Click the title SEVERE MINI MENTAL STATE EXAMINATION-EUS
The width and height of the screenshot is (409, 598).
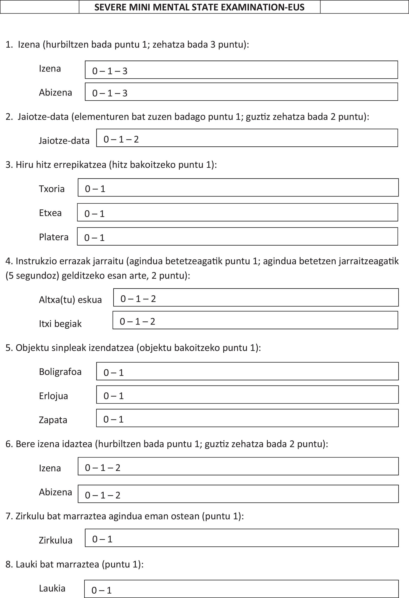(199, 7)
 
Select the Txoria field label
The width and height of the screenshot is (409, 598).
(52, 189)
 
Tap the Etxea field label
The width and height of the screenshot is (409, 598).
(50, 213)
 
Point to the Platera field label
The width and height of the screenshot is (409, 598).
(54, 237)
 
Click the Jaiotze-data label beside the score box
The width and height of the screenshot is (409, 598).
(64, 140)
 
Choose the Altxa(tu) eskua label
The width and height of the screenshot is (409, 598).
(70, 300)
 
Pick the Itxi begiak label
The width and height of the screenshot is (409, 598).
(60, 323)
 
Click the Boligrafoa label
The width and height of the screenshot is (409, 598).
(60, 372)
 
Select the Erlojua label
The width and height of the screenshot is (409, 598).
(54, 396)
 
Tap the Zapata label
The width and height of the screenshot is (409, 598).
(53, 420)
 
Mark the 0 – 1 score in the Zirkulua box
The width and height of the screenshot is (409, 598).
(102, 539)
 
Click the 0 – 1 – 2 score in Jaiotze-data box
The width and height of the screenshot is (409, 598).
(121, 139)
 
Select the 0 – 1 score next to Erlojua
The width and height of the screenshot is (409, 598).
(113, 396)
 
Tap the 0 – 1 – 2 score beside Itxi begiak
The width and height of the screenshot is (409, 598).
(137, 321)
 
